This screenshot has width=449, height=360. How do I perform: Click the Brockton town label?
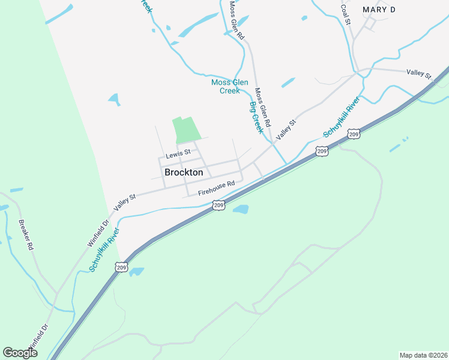pyautogui.click(x=184, y=172)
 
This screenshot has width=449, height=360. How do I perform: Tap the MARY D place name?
pyautogui.click(x=379, y=10)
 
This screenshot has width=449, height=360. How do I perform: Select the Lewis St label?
pyautogui.click(x=178, y=154)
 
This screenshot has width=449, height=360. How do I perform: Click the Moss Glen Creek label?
pyautogui.click(x=225, y=86)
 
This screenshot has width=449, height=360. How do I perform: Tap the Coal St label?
pyautogui.click(x=345, y=13)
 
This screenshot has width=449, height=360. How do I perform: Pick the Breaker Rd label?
pyautogui.click(x=26, y=234)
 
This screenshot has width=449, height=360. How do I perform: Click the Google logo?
pyautogui.click(x=20, y=353)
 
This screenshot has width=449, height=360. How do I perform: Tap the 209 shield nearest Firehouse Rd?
pyautogui.click(x=218, y=205)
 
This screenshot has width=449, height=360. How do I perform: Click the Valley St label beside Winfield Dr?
pyautogui.click(x=125, y=200)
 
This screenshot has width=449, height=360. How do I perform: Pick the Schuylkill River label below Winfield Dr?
pyautogui.click(x=105, y=250)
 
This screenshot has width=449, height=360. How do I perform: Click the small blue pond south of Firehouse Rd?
pyautogui.click(x=241, y=209)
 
